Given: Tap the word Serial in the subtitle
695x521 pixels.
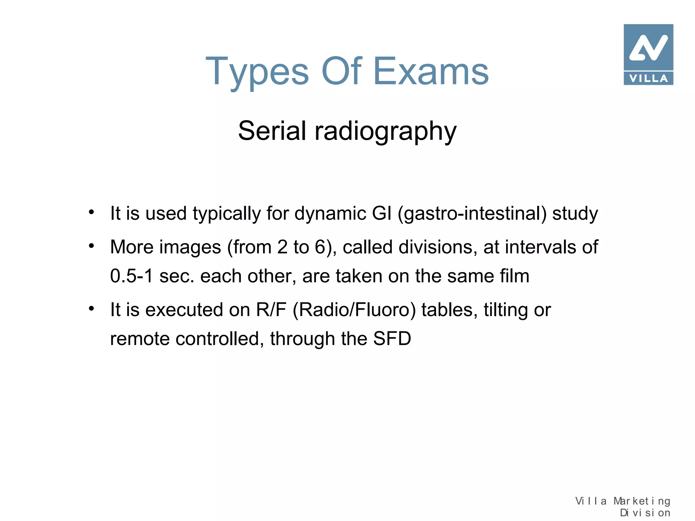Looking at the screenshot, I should pyautogui.click(x=272, y=131).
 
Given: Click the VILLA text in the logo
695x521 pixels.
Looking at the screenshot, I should pyautogui.click(x=648, y=78).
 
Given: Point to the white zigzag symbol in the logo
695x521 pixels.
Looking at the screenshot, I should pyautogui.click(x=648, y=48).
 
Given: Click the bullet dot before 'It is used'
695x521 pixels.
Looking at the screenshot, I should pyautogui.click(x=91, y=212).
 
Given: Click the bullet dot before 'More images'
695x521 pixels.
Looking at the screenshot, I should pyautogui.click(x=91, y=246).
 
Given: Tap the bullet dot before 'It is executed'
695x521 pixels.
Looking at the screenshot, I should pyautogui.click(x=91, y=309).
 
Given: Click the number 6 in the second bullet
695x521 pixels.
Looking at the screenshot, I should pyautogui.click(x=320, y=247).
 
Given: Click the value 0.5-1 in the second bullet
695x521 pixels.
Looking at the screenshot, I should pyautogui.click(x=132, y=276).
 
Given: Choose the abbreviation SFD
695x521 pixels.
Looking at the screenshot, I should pyautogui.click(x=392, y=339).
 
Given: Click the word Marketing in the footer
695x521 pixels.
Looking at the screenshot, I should pyautogui.click(x=642, y=501).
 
